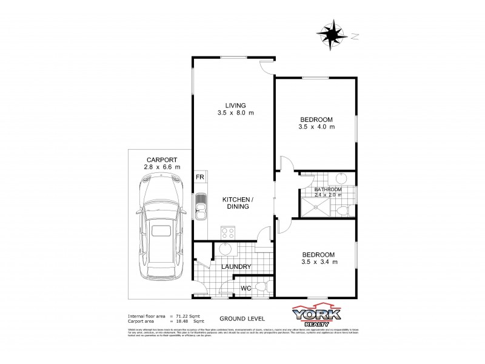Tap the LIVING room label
coord(235,105)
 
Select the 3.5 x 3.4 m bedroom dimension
coord(318,261)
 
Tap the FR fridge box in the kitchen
coord(199,177)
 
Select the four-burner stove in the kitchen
coord(229,233)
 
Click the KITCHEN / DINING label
coord(236,203)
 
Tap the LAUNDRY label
coord(236,266)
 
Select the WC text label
coord(246,287)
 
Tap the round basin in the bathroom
coord(339,179)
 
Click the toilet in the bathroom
coord(343,211)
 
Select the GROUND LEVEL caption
coord(238,318)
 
